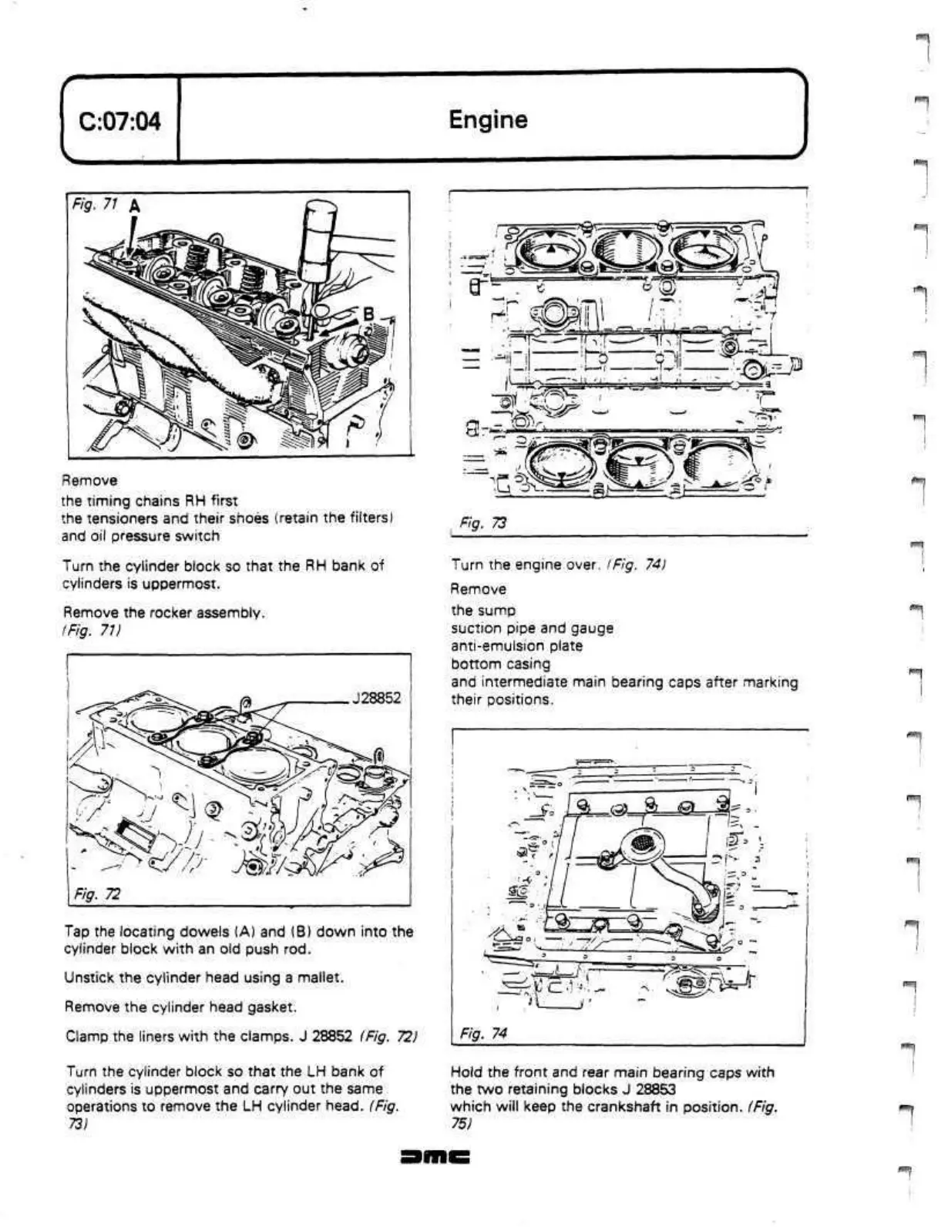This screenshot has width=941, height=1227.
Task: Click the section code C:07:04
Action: pyautogui.click(x=120, y=121)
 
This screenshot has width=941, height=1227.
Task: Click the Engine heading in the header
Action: pyautogui.click(x=488, y=119)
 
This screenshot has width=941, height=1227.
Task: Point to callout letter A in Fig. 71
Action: pyautogui.click(x=134, y=206)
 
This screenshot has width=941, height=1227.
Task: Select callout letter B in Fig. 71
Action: pyautogui.click(x=368, y=313)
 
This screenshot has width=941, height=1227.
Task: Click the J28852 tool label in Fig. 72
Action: pyautogui.click(x=376, y=699)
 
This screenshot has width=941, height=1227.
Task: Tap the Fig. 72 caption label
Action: pyautogui.click(x=96, y=893)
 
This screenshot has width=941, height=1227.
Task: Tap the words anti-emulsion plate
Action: pyautogui.click(x=516, y=645)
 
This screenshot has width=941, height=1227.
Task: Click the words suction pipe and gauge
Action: pyautogui.click(x=532, y=628)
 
